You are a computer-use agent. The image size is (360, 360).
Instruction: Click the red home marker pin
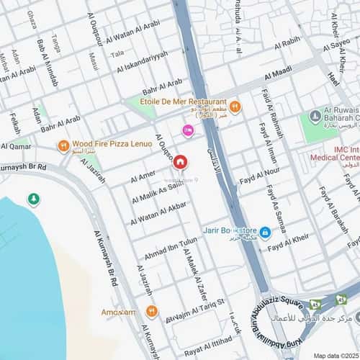180,163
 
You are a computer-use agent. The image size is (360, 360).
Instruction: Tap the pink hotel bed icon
188,130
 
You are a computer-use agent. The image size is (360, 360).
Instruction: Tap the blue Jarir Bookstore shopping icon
265,232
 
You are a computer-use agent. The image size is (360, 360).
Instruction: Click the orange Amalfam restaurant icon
151,311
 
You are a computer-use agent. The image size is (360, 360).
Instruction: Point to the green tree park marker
33,199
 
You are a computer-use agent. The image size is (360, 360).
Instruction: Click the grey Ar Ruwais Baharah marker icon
314,116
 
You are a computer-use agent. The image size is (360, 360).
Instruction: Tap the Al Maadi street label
278,73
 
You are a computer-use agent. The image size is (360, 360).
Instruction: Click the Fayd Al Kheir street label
288,243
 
